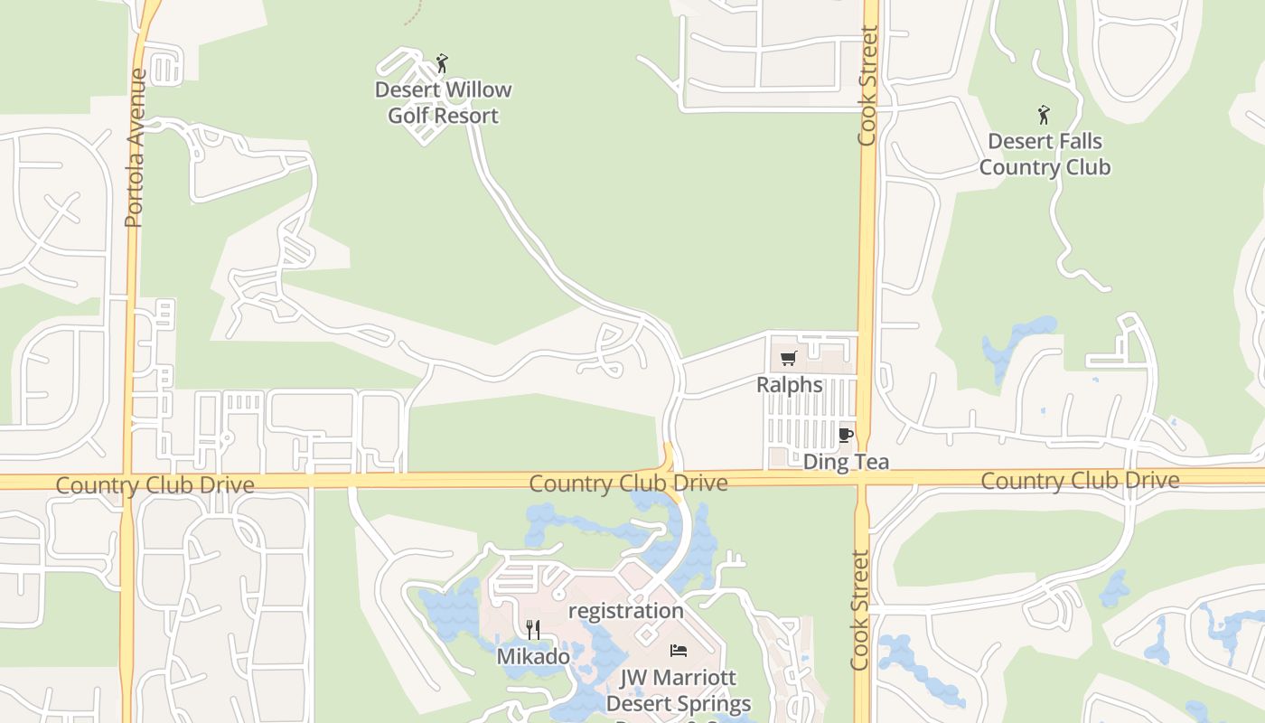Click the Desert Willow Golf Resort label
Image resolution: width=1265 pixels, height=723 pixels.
443,103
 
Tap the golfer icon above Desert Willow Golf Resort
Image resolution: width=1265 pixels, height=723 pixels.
442,63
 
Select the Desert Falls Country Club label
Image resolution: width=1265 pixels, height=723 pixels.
1045,155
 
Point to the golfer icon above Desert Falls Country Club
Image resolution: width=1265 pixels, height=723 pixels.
1044,115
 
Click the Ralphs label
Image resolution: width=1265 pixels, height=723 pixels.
790,385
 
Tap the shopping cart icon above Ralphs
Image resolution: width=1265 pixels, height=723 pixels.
788,359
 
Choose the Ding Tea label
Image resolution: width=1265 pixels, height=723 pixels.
846,462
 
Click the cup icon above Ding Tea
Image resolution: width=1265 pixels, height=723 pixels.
846,435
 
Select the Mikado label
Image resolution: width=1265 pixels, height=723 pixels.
533,657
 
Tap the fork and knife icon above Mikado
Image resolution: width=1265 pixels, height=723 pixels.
533,629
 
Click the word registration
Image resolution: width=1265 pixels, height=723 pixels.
625,611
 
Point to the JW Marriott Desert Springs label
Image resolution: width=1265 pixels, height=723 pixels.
679,690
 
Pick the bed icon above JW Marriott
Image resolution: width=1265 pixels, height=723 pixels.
679,651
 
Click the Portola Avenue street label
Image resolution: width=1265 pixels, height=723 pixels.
136,148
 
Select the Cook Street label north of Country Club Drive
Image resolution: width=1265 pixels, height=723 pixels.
867,86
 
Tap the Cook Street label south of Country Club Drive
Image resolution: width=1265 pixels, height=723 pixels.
859,610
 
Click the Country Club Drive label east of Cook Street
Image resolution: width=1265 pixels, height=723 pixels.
1080,481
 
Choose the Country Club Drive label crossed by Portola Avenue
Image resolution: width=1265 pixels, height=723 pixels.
155,485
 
